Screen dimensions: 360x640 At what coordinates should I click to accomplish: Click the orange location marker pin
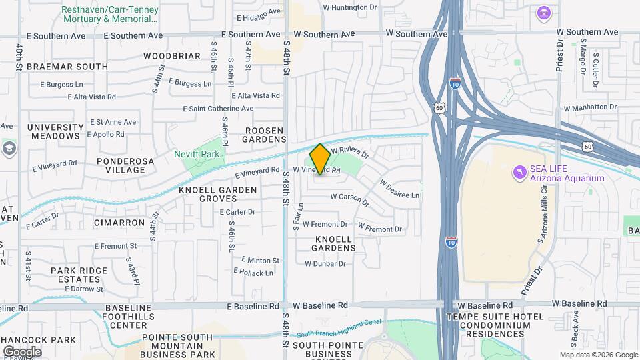(x=320, y=159)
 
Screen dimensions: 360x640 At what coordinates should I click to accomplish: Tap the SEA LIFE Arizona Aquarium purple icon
(x=519, y=173)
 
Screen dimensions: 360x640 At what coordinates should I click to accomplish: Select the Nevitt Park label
(x=197, y=154)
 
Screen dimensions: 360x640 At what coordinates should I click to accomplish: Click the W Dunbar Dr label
(x=325, y=263)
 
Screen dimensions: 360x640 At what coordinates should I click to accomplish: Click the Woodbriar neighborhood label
(x=171, y=56)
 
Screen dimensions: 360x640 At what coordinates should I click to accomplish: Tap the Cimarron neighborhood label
(x=119, y=222)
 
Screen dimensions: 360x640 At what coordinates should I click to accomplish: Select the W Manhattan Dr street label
(x=590, y=107)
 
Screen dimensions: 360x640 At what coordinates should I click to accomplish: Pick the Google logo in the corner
(x=22, y=351)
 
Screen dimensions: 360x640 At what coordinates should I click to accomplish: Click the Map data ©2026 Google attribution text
(x=598, y=355)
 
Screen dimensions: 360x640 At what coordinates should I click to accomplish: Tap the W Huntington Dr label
(x=354, y=7)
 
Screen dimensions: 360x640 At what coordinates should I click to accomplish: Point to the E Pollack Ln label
(x=253, y=272)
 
